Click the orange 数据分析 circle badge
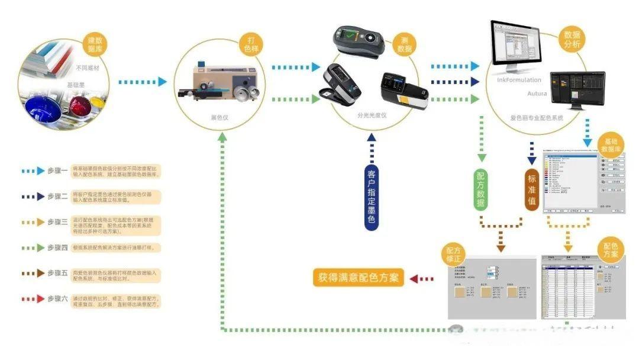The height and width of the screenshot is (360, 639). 572,40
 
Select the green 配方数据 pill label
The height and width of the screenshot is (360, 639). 482,189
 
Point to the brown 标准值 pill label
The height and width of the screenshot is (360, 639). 531,189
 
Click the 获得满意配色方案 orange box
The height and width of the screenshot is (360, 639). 358,278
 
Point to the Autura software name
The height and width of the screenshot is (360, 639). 537,94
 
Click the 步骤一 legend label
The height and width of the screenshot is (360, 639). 57,171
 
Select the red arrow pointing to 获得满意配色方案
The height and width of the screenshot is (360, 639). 422,278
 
